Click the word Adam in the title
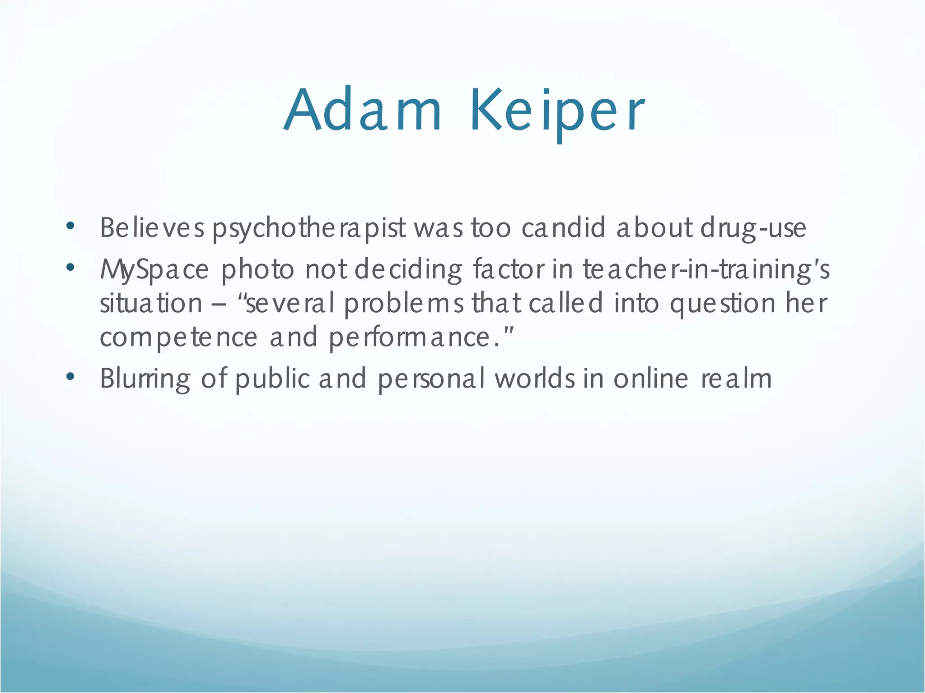point(363,111)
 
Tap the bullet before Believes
point(70,226)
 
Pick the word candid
point(563,227)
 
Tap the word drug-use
point(753,228)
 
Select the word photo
point(257,270)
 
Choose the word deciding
point(408,270)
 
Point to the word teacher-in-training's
point(706,270)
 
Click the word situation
point(151,303)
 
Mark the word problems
point(404,303)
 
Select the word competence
point(178,337)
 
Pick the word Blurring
point(145,379)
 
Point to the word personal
point(431,379)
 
